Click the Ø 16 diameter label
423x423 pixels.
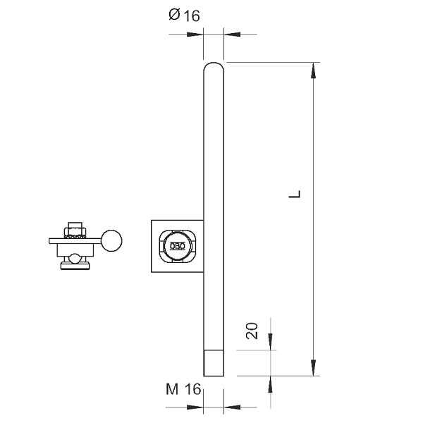tap(184, 15)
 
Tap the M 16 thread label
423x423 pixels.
tap(183, 389)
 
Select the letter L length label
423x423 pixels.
tap(295, 195)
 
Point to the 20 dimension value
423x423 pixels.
tap(252, 331)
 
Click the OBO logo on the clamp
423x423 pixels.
tap(178, 246)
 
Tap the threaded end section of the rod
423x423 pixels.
tap(214, 363)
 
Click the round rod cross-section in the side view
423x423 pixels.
tap(111, 240)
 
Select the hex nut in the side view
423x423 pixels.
tap(75, 232)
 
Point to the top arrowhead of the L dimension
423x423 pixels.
tap(313, 70)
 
